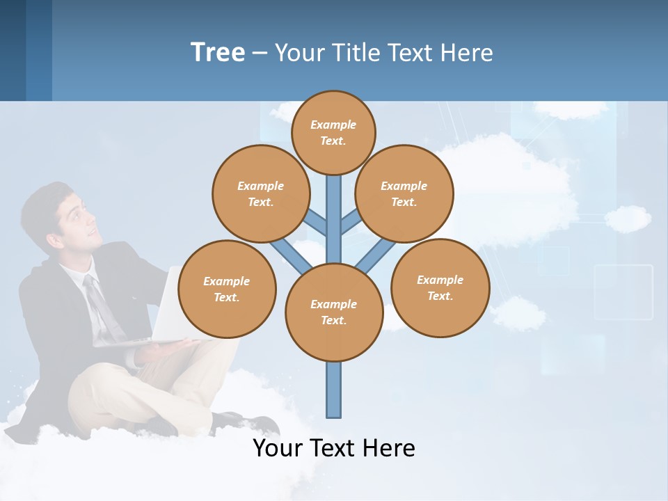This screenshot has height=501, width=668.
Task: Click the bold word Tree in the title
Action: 218,52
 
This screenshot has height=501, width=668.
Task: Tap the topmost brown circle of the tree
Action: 333,132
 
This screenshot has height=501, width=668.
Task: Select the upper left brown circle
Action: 260,193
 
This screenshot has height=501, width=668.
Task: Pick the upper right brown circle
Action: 404,193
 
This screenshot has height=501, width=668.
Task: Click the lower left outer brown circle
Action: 227,289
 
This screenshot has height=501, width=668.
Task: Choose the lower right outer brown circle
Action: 440,287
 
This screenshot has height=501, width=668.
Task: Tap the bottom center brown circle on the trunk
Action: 334,312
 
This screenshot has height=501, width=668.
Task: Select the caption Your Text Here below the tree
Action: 334,447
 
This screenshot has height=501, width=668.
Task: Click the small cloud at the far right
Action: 628,218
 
